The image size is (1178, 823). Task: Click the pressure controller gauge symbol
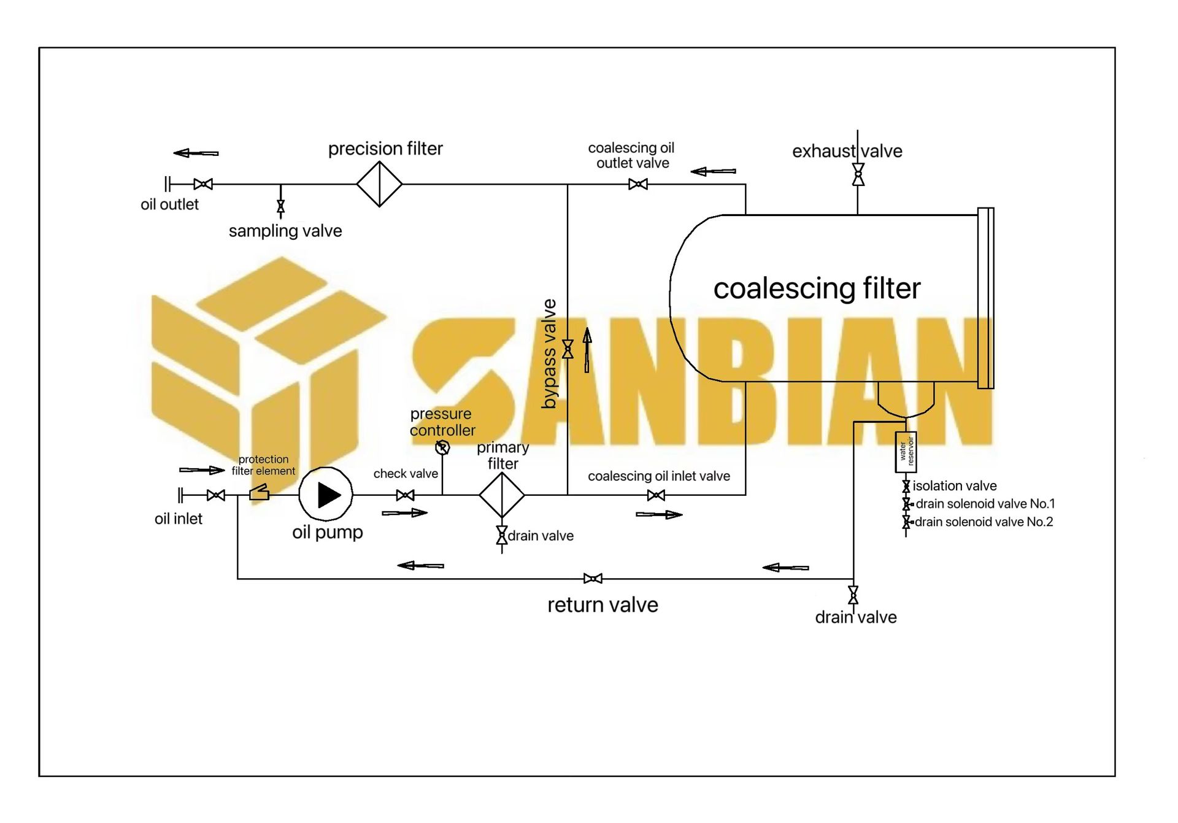(x=442, y=447)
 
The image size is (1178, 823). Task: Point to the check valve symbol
(x=405, y=495)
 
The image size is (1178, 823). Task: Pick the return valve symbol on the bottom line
(x=593, y=578)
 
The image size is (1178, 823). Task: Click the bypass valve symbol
(x=568, y=349)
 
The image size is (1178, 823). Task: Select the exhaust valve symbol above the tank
(x=858, y=174)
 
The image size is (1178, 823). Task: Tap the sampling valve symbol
(x=280, y=206)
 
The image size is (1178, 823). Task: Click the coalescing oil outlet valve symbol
(x=638, y=184)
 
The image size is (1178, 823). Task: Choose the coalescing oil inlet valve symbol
(x=656, y=495)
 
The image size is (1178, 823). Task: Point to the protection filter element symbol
(x=259, y=492)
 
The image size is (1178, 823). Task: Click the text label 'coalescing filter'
(x=817, y=288)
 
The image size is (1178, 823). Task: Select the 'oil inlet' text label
(x=178, y=519)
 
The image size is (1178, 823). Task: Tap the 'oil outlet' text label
(x=169, y=204)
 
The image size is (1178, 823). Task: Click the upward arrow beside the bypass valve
(x=587, y=350)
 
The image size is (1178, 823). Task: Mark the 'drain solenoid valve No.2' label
(x=984, y=522)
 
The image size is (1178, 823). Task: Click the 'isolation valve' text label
(x=954, y=486)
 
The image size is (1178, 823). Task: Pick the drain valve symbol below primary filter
(x=502, y=535)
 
